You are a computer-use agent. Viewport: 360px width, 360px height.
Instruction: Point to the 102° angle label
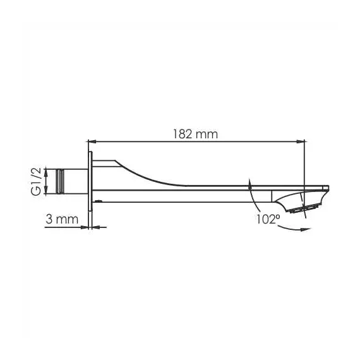268,219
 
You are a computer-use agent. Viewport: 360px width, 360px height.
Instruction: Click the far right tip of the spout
329,187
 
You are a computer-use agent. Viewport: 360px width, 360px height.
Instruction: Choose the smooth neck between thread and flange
78,181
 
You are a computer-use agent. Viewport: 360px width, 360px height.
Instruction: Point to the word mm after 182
207,134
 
